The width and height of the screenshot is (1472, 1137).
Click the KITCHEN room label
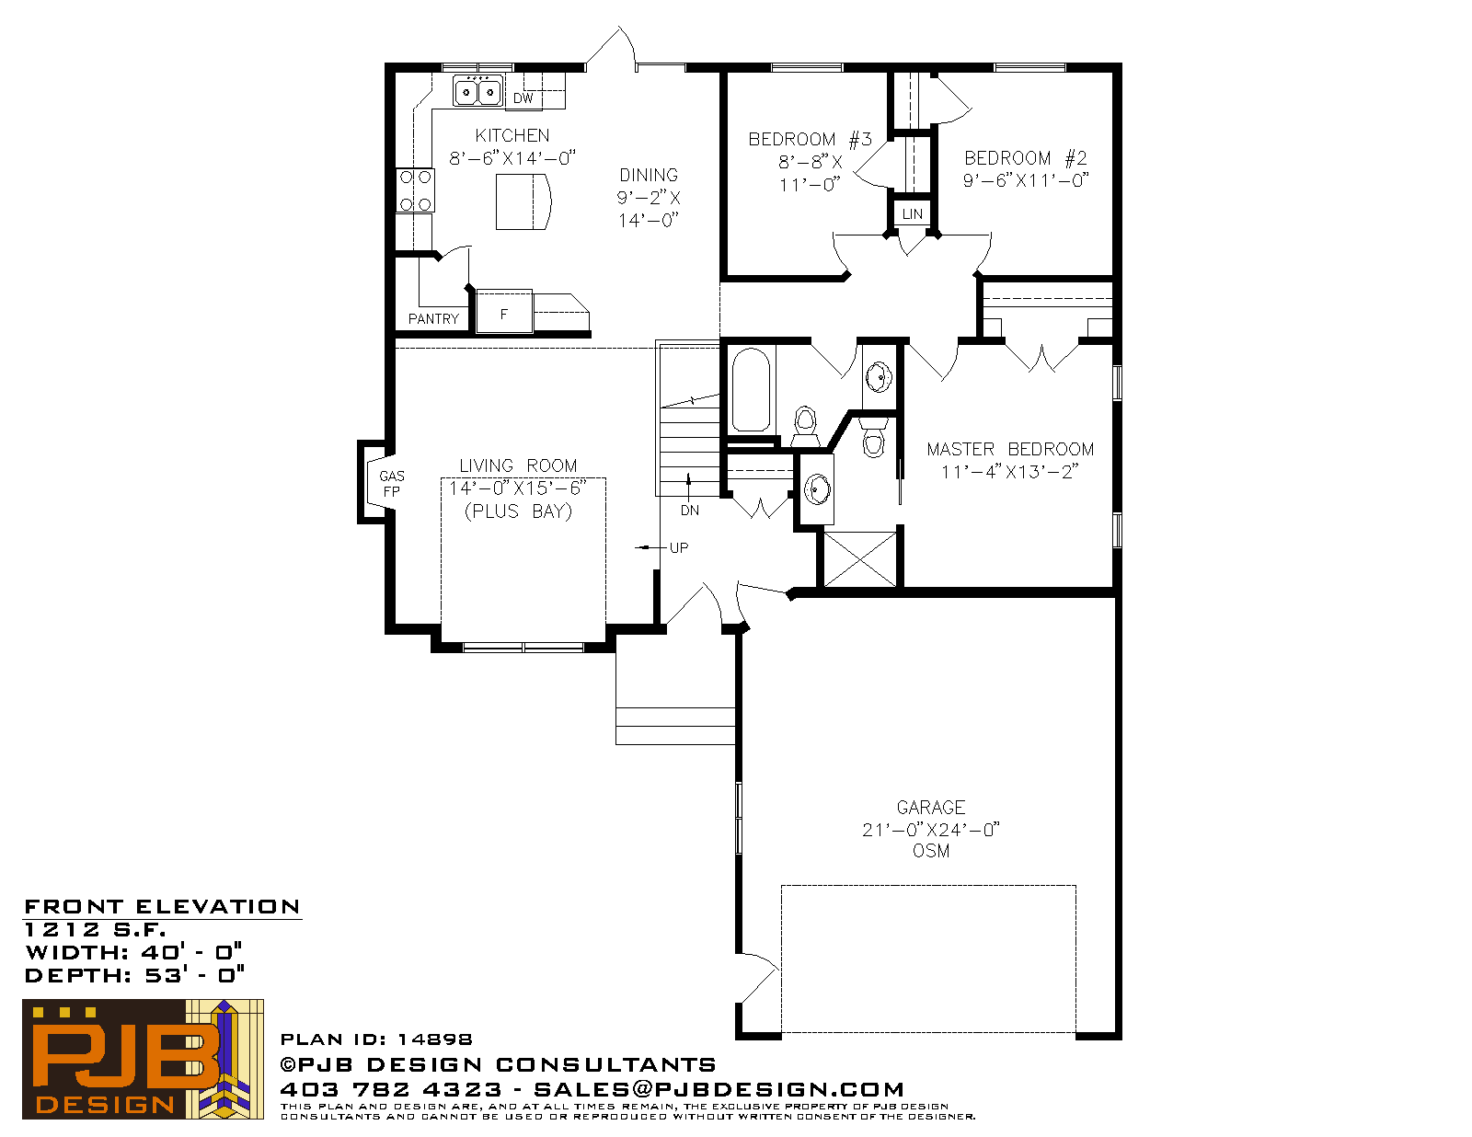512,135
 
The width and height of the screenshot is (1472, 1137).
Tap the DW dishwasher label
523,98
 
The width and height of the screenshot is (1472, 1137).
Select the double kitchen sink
478,91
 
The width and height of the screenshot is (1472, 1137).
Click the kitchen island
523,201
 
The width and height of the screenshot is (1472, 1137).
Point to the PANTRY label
433,319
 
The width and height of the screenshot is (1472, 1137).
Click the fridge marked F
504,312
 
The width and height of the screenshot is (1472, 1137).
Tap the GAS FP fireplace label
392,484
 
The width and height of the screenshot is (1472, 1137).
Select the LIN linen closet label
913,214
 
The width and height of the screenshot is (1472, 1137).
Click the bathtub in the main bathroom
752,390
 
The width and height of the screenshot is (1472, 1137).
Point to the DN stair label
690,511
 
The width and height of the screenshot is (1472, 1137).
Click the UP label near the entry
679,548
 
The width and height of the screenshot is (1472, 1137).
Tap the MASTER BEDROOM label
1010,449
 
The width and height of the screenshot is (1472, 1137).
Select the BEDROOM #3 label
811,140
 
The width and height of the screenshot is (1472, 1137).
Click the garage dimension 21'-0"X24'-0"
931,829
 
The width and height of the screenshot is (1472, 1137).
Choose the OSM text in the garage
931,851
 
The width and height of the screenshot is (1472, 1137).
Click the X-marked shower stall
859,559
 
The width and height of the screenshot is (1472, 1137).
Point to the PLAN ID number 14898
434,1039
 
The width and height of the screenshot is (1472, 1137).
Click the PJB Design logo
143,1059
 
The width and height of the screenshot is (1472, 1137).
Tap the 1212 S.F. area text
95,929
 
